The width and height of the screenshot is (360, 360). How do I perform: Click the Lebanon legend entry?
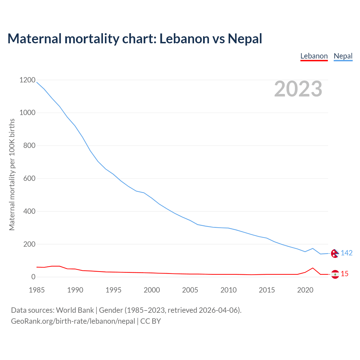click(314, 56)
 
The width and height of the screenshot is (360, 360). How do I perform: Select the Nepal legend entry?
click(343, 56)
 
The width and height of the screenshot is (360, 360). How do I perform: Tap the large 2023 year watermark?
click(298, 89)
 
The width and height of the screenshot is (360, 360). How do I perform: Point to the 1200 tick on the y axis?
click(28, 80)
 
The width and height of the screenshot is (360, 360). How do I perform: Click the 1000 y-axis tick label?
click(28, 113)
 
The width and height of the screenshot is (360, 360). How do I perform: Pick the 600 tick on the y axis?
click(29, 178)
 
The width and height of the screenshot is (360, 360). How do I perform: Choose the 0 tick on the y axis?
click(33, 277)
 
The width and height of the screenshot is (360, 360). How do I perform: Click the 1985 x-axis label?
click(37, 290)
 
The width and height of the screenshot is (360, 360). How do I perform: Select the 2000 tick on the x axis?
click(152, 290)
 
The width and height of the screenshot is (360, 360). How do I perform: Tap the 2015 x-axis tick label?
click(267, 290)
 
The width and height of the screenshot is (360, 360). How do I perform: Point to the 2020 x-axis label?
click(305, 290)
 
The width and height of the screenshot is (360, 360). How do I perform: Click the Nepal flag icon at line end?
click(335, 253)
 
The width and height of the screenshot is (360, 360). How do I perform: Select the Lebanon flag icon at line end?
click(335, 274)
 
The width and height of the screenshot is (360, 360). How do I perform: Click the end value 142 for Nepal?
click(346, 253)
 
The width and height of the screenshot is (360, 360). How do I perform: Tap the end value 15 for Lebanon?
click(345, 274)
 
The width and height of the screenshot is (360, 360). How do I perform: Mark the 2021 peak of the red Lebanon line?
click(313, 268)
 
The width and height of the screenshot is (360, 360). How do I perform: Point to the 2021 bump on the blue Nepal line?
click(313, 248)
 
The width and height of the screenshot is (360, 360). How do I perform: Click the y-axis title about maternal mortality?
click(12, 174)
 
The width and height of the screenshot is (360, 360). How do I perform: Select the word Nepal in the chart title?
click(245, 39)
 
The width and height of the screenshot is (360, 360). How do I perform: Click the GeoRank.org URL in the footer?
click(73, 321)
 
